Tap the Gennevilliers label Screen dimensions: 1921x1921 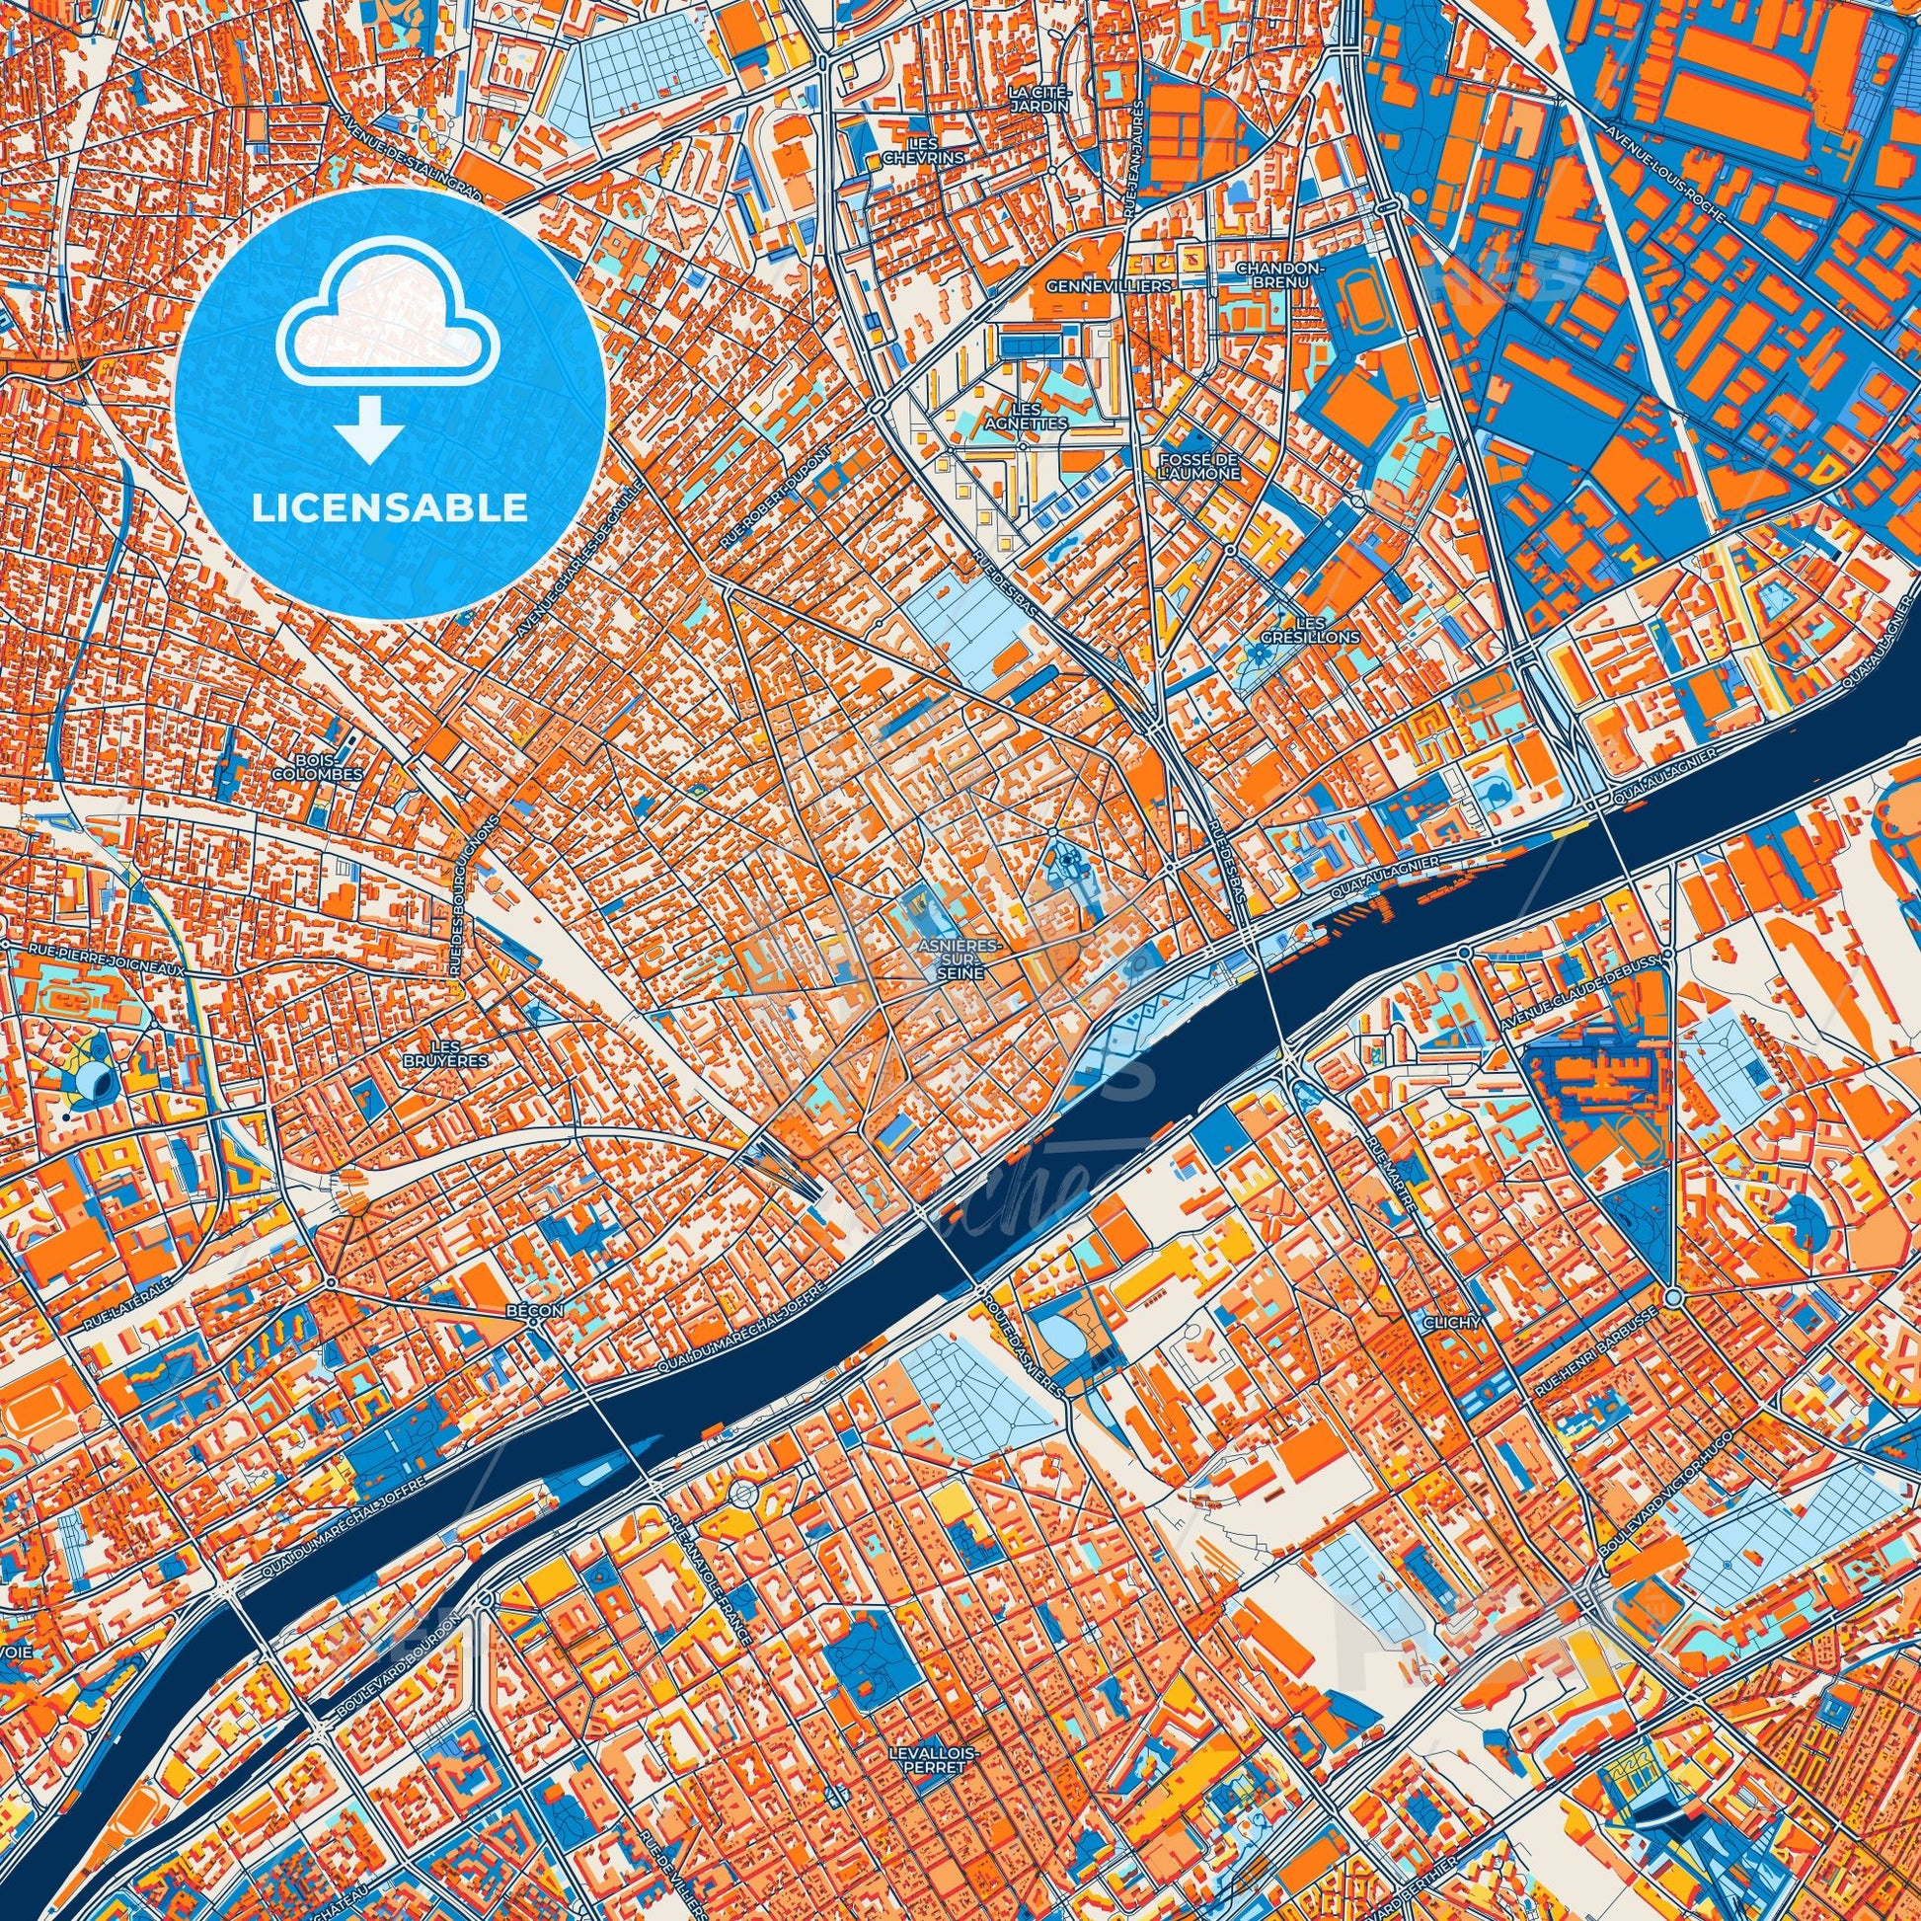coord(1110,285)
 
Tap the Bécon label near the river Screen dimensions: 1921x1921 coord(533,1312)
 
